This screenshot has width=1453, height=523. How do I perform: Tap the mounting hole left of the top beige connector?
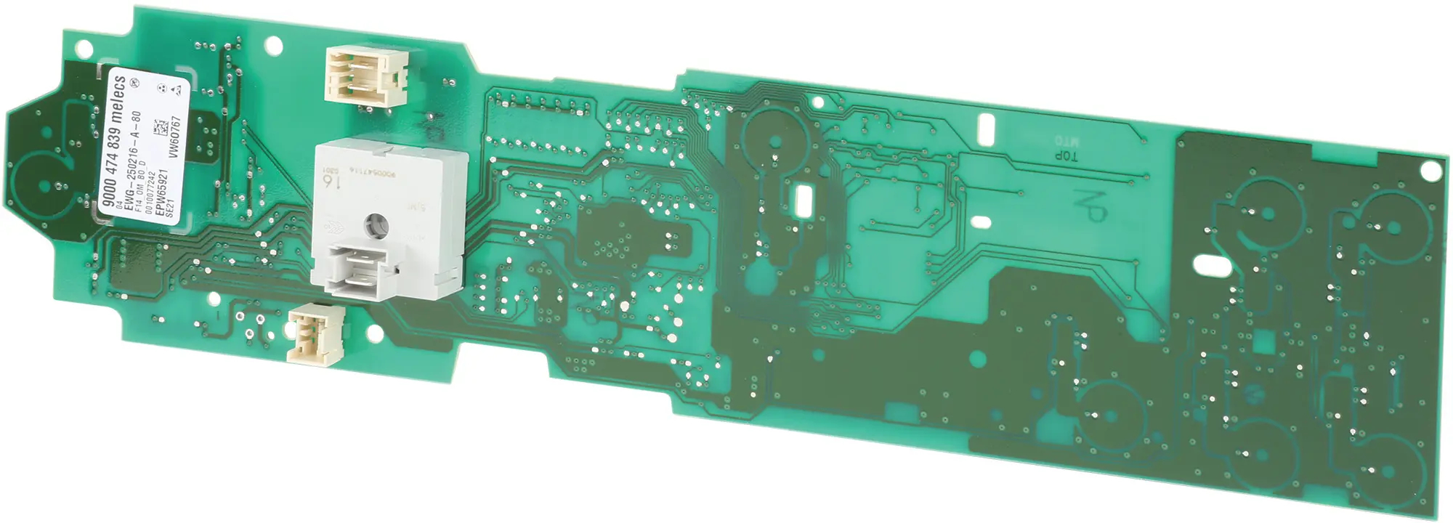pyautogui.click(x=273, y=46)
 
